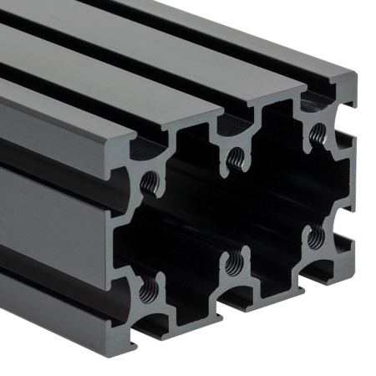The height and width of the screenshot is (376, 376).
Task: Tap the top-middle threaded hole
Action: pyautogui.click(x=236, y=156)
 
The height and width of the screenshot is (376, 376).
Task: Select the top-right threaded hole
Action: pyautogui.click(x=316, y=132)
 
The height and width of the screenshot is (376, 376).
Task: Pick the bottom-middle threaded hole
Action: pyautogui.click(x=234, y=263)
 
